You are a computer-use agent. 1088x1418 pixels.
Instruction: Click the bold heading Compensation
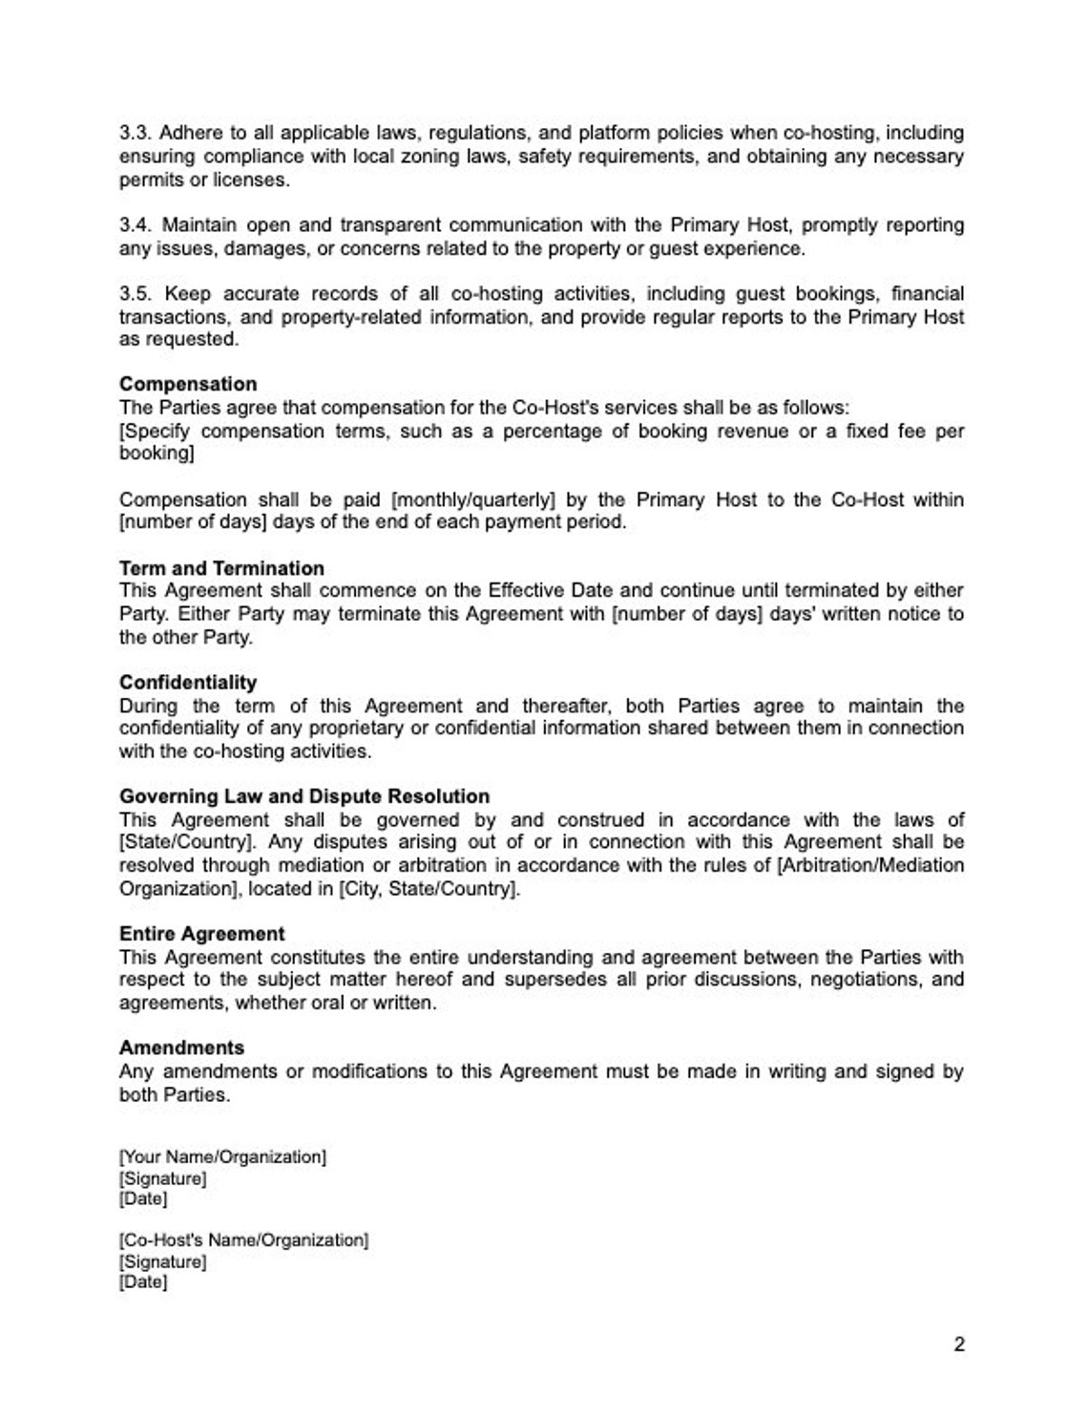(188, 384)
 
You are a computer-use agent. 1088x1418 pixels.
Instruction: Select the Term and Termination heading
(221, 568)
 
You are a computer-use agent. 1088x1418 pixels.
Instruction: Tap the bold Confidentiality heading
(188, 682)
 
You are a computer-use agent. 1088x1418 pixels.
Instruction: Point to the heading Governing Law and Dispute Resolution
(304, 796)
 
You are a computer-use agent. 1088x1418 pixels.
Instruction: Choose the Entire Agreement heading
(201, 934)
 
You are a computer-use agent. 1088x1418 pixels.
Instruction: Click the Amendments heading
(181, 1048)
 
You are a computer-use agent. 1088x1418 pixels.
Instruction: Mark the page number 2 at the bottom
(958, 1344)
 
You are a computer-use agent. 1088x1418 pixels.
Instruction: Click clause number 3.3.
(136, 133)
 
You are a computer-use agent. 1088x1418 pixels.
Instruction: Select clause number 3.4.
(136, 225)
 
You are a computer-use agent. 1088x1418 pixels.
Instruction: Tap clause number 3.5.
(137, 293)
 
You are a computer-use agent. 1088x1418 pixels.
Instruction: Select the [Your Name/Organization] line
(222, 1156)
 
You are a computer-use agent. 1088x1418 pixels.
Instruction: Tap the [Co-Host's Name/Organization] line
(243, 1240)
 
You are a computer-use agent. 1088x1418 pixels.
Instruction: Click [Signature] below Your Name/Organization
(162, 1178)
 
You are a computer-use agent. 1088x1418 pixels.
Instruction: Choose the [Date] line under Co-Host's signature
(143, 1282)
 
